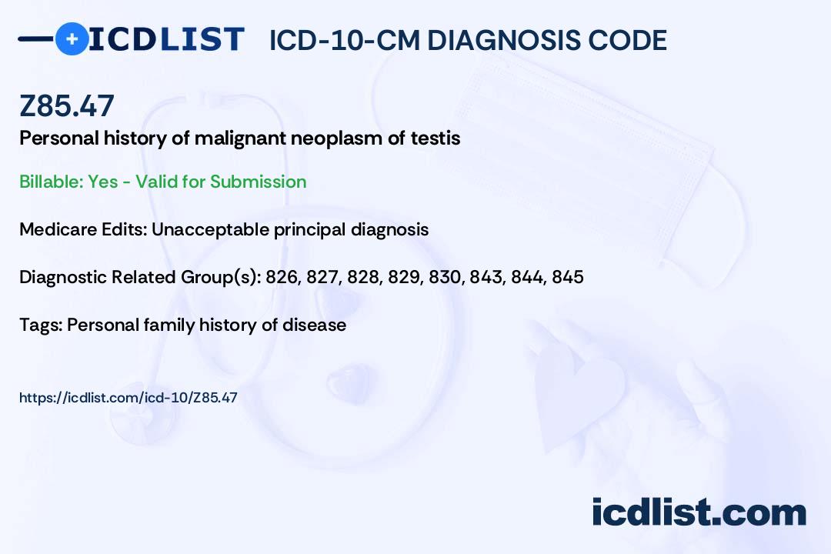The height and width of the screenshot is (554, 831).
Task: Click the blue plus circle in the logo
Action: pos(72,38)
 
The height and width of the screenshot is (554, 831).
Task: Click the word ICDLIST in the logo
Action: pos(166,39)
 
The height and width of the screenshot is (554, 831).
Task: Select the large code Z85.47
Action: pos(67,105)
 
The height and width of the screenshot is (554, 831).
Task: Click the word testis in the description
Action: pos(436,138)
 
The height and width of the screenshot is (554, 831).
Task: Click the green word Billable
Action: pos(51,182)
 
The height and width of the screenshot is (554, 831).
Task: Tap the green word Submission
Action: pos(258,182)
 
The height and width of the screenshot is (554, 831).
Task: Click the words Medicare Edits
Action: pos(82,229)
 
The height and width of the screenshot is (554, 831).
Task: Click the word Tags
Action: pos(42,325)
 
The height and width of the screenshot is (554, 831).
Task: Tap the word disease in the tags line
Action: pos(314,325)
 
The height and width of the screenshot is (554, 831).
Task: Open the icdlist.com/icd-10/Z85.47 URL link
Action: pos(128,398)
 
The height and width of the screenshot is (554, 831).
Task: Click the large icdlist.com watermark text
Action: pos(699,512)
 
